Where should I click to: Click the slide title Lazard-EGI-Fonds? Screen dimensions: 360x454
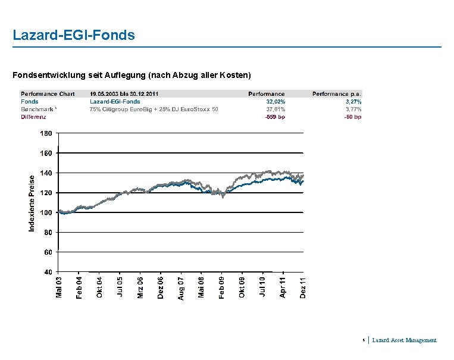[74, 35]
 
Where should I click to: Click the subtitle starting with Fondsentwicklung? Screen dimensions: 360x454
[132, 75]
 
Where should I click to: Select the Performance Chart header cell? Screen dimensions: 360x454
[48, 94]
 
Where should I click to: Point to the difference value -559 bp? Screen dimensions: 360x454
[274, 117]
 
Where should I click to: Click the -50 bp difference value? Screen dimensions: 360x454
[353, 117]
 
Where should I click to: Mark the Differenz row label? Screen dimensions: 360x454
[33, 117]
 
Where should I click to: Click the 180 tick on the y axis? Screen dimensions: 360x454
[46, 133]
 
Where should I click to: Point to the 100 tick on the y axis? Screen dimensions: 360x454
[46, 212]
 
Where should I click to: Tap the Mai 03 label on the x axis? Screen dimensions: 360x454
[59, 288]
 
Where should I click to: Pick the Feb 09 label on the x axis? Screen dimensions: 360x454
[221, 288]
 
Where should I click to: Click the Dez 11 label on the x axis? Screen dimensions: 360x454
[302, 288]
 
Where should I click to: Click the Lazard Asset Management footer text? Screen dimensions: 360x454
[404, 340]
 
